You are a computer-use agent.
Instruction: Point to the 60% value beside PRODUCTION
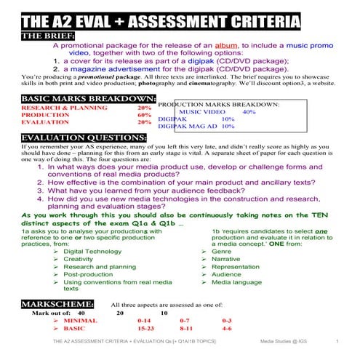click(x=144, y=115)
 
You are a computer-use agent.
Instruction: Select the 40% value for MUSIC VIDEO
click(x=249, y=112)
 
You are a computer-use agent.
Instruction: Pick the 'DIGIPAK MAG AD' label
click(x=185, y=126)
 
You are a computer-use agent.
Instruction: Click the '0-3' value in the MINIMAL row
click(x=227, y=321)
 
